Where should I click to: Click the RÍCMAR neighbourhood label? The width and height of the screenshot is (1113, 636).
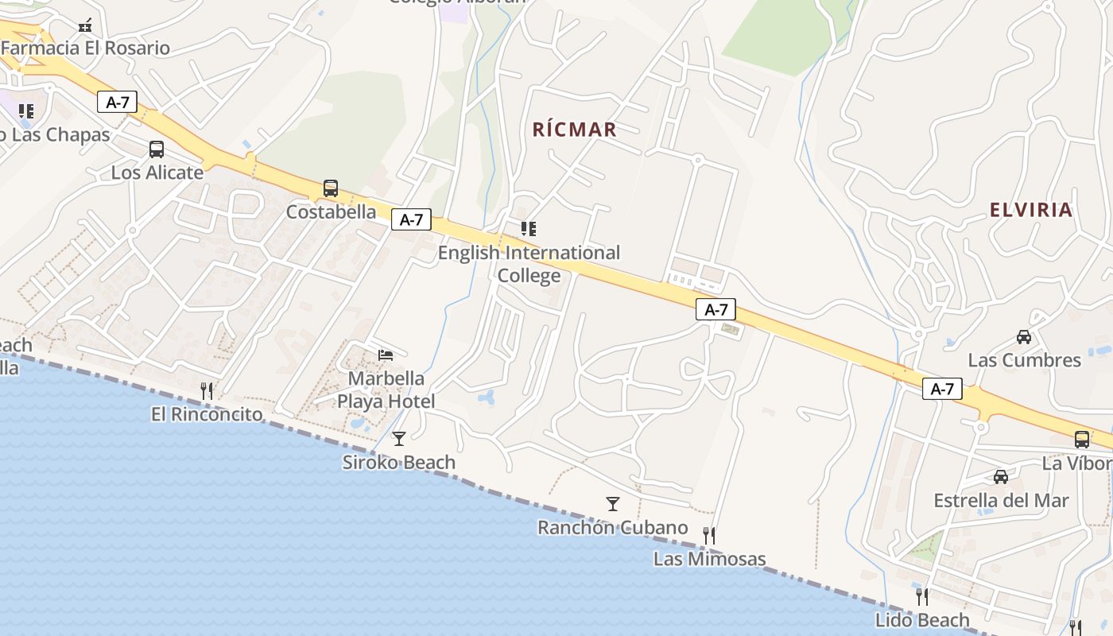pyautogui.click(x=574, y=130)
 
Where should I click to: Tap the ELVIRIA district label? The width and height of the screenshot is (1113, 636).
pyautogui.click(x=1031, y=210)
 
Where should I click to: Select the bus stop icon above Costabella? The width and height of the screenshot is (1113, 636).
pyautogui.click(x=331, y=188)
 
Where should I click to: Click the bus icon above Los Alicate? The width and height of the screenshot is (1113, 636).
pyautogui.click(x=157, y=149)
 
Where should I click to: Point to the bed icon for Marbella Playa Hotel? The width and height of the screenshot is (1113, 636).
pyautogui.click(x=386, y=355)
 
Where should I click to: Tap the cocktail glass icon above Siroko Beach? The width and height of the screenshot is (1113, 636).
pyautogui.click(x=399, y=438)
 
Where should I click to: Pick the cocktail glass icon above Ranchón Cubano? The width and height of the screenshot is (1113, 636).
pyautogui.click(x=612, y=503)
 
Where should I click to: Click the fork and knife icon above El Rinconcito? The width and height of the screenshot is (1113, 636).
pyautogui.click(x=207, y=390)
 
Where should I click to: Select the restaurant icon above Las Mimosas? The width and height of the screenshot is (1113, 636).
pyautogui.click(x=709, y=535)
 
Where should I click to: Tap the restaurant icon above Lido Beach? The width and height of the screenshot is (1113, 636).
pyautogui.click(x=922, y=596)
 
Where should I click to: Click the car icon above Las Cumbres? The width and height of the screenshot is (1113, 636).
pyautogui.click(x=1024, y=337)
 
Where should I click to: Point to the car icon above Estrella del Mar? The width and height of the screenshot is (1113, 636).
pyautogui.click(x=1001, y=477)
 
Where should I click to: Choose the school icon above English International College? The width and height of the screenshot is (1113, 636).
pyautogui.click(x=529, y=229)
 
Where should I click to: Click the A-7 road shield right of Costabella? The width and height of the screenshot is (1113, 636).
pyautogui.click(x=411, y=220)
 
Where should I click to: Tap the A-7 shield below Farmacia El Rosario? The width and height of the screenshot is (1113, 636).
pyautogui.click(x=118, y=102)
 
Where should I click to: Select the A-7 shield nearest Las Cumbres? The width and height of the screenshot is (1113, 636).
pyautogui.click(x=942, y=389)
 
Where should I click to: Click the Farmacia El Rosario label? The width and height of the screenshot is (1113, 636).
pyautogui.click(x=85, y=48)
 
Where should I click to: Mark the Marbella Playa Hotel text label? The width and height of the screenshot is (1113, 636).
pyautogui.click(x=386, y=390)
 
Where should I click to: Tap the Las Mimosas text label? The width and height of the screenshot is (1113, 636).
pyautogui.click(x=709, y=559)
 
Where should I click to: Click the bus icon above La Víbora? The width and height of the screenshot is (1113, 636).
pyautogui.click(x=1082, y=440)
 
